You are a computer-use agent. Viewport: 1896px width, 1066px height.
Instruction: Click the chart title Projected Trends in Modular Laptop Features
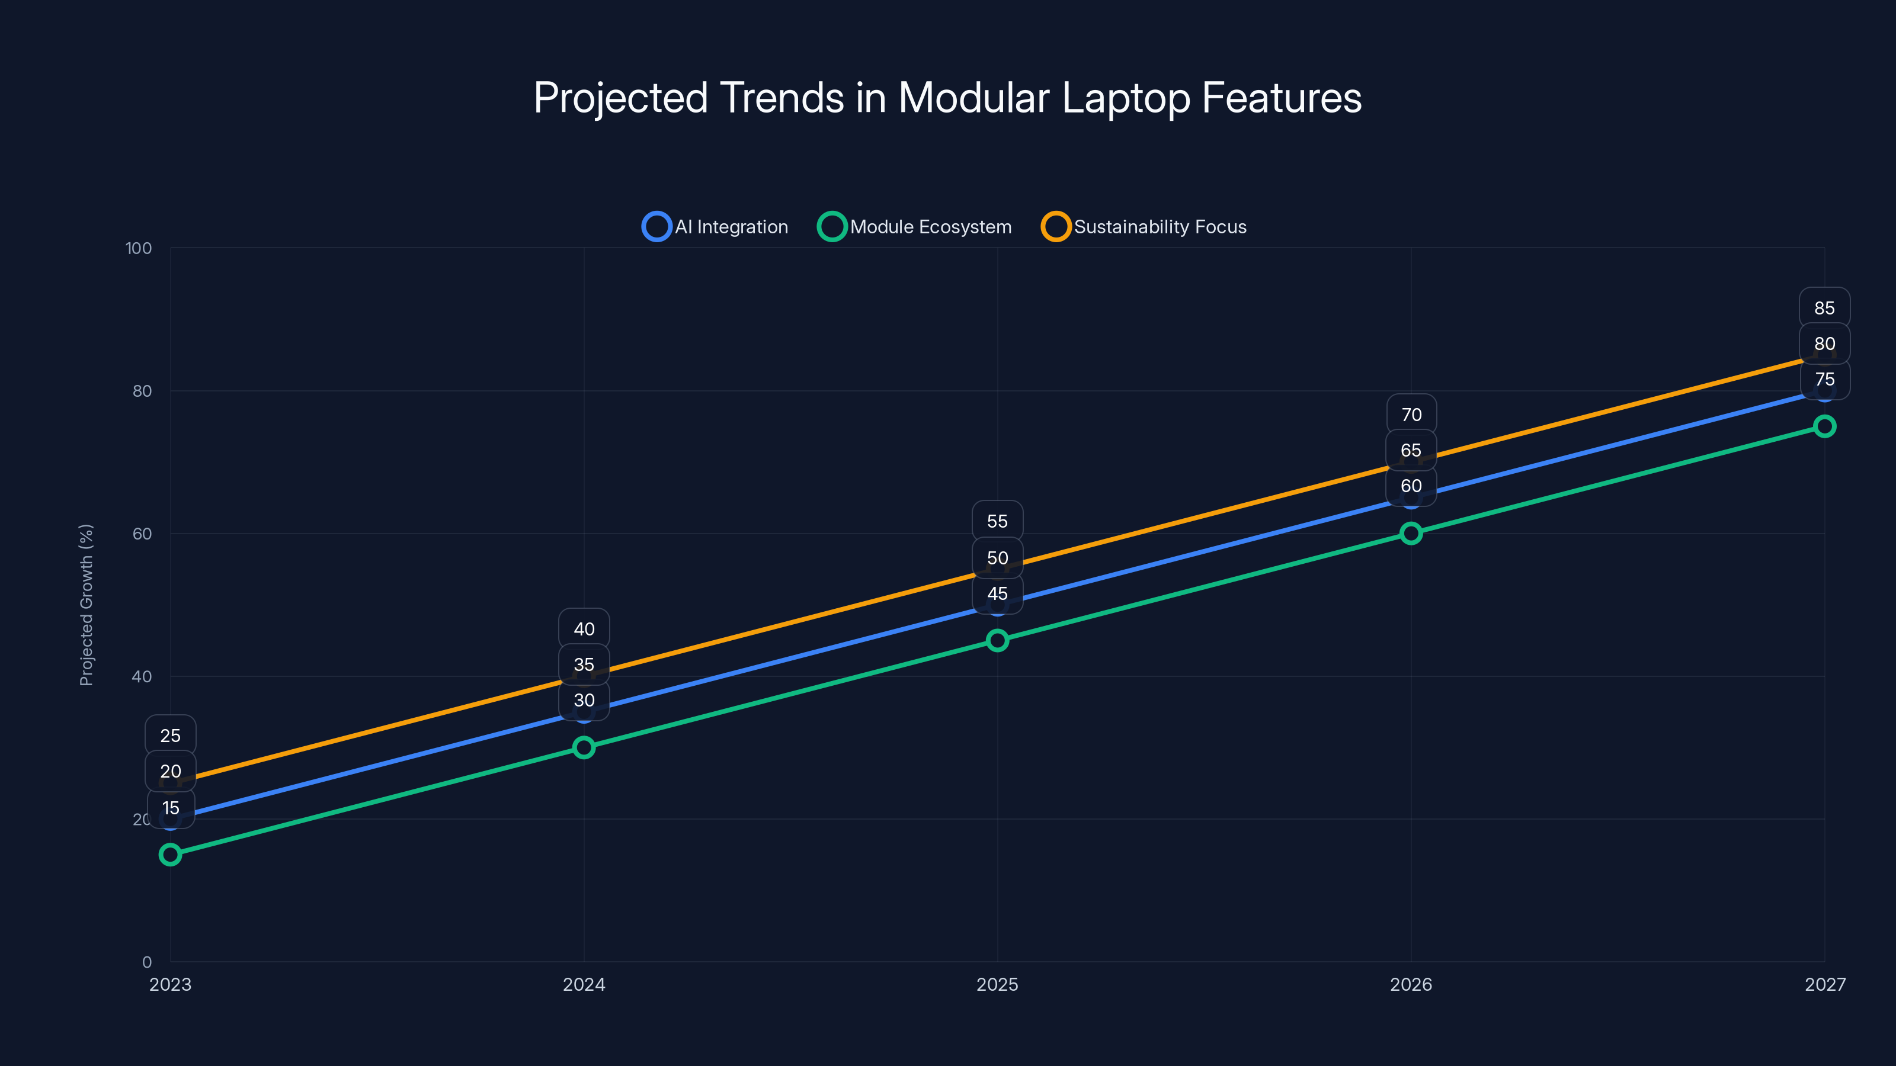coord(947,98)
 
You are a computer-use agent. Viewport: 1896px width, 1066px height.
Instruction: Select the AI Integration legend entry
coord(715,227)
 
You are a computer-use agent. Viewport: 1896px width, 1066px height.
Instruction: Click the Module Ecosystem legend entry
coord(914,227)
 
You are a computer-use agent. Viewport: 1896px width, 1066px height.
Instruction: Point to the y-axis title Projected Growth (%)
coord(86,605)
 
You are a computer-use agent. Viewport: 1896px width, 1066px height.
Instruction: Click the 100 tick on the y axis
coord(139,249)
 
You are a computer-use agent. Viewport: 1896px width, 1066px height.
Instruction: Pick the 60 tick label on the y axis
coord(142,534)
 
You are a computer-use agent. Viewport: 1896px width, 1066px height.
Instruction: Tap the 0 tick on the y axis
coord(146,962)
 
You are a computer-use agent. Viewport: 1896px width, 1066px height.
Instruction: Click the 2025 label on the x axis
coord(997,984)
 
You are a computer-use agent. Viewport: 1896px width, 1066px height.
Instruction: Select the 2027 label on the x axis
coord(1825,984)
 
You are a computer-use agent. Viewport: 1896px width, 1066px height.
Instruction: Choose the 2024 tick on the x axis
coord(584,984)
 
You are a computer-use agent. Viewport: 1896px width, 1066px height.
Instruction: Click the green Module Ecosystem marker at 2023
coord(170,854)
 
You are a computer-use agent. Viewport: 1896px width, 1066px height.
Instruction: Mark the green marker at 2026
coord(1410,534)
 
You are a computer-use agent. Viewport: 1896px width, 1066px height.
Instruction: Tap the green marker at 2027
coord(1824,426)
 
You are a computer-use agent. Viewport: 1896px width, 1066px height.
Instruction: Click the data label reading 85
coord(1824,308)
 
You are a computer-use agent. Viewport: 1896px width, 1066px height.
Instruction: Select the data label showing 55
coord(997,522)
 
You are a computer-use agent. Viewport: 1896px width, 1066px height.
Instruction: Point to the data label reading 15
coord(170,808)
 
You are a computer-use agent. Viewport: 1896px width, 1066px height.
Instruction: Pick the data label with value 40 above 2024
coord(584,629)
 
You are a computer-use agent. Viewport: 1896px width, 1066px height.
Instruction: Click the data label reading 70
coord(1410,415)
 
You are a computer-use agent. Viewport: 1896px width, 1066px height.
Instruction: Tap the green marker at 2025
coord(997,640)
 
